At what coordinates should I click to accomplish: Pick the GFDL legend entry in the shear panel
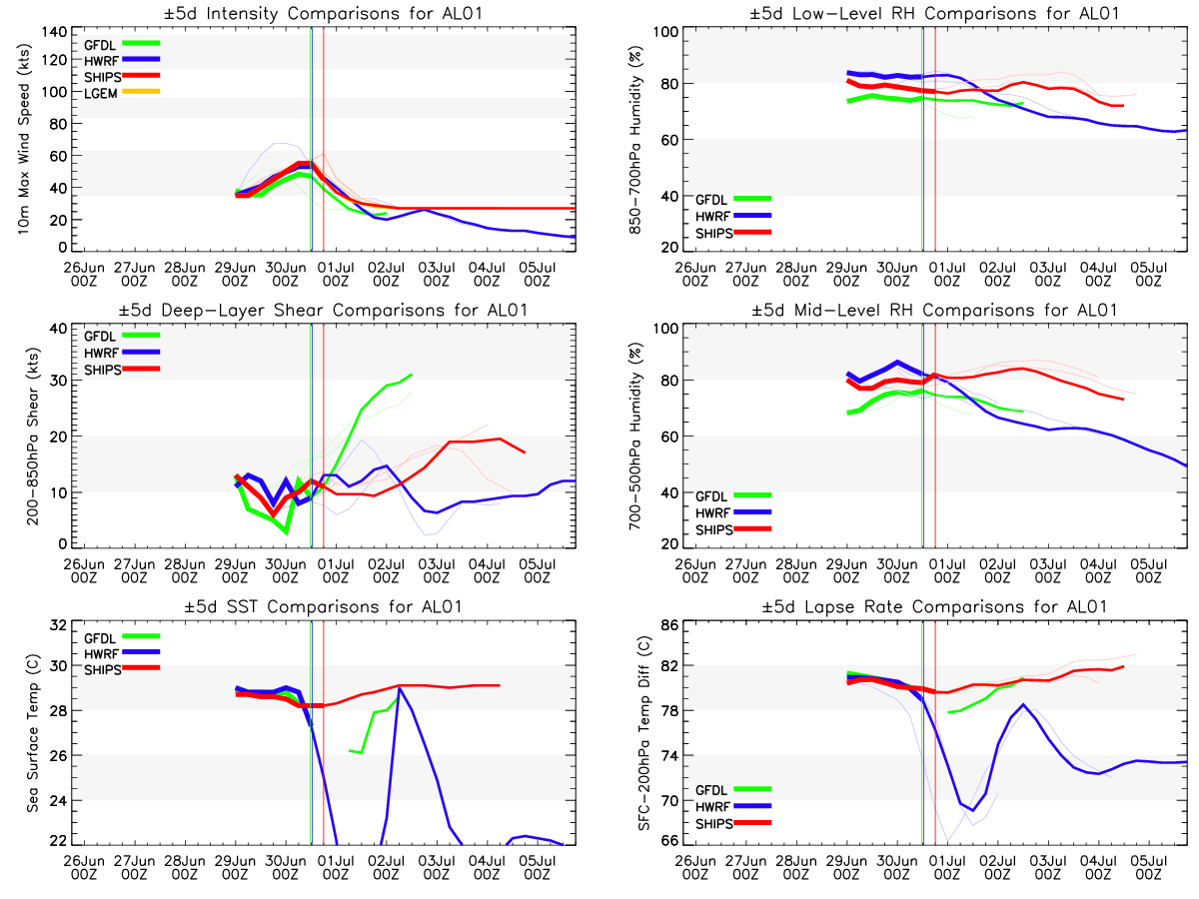101,337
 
